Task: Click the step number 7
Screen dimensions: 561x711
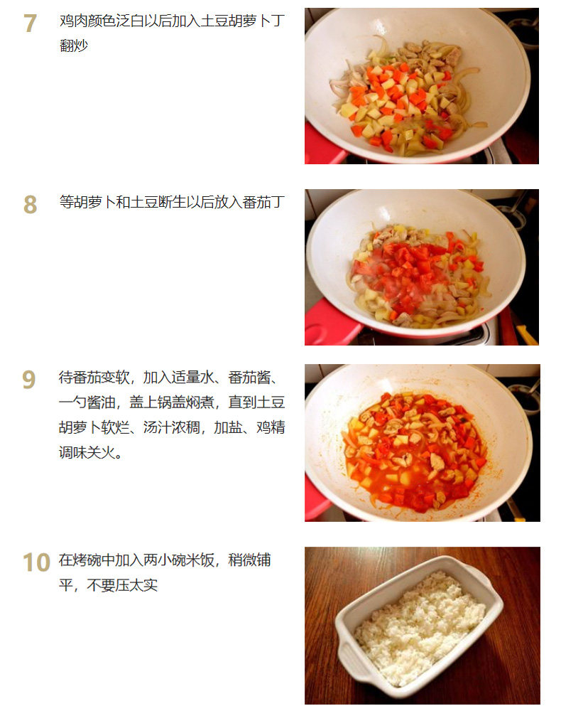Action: coord(30,23)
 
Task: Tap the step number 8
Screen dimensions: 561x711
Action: coord(30,204)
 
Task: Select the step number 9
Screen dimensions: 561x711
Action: coord(29,380)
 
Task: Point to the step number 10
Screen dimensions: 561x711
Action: coord(36,562)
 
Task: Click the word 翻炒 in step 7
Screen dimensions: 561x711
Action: coord(73,46)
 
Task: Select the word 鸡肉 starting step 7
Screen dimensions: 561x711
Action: coord(73,21)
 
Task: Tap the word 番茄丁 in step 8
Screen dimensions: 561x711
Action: coord(263,202)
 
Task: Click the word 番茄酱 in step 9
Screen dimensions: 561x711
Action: coord(249,378)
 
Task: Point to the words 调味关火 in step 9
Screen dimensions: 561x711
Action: coord(87,452)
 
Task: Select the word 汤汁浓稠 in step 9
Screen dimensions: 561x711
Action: coord(172,427)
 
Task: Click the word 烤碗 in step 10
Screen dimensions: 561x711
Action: coord(87,560)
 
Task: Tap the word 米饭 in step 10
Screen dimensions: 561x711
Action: coord(200,560)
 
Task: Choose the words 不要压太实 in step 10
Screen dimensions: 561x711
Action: coord(122,585)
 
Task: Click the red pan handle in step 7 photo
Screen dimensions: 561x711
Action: coord(324,146)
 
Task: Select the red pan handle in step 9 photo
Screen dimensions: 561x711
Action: coord(317,499)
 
